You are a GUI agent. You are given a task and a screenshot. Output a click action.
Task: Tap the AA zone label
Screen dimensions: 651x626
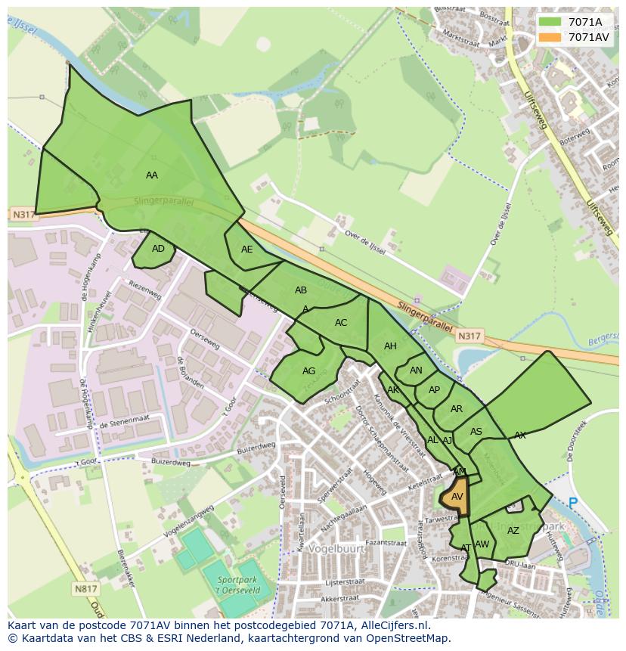(x=152, y=175)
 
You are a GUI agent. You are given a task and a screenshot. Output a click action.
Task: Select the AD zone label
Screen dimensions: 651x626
(x=158, y=249)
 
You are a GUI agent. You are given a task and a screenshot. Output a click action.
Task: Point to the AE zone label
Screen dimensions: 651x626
(x=247, y=250)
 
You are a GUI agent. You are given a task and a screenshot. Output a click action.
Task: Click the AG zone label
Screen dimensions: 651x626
(x=308, y=371)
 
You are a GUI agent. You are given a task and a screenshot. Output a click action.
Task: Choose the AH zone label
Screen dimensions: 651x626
(x=390, y=347)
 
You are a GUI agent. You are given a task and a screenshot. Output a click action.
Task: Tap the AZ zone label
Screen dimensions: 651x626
(x=513, y=531)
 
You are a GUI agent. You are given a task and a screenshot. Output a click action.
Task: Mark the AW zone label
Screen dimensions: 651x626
(x=482, y=544)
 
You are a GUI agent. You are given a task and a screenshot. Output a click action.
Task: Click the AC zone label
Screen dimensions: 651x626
(x=341, y=323)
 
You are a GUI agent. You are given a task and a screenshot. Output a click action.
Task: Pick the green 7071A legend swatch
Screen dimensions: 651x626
(x=550, y=21)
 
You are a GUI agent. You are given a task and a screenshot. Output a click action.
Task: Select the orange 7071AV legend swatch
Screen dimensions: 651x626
(x=550, y=37)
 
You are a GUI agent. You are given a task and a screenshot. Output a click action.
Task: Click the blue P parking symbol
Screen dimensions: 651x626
(x=572, y=503)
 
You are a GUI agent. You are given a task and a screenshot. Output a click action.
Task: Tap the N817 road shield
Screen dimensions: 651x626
(x=86, y=588)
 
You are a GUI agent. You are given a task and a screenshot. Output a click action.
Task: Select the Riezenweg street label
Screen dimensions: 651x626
(x=145, y=289)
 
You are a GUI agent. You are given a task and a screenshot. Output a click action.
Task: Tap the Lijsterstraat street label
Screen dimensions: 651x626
(x=344, y=583)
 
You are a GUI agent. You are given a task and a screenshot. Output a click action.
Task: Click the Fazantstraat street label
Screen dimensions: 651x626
(x=386, y=543)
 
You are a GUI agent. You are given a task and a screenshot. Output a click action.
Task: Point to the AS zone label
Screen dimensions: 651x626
(x=476, y=432)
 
